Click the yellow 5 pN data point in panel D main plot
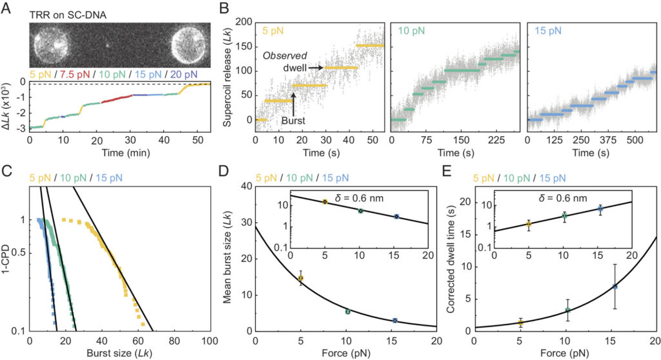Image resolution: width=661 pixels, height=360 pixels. (300, 278)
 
